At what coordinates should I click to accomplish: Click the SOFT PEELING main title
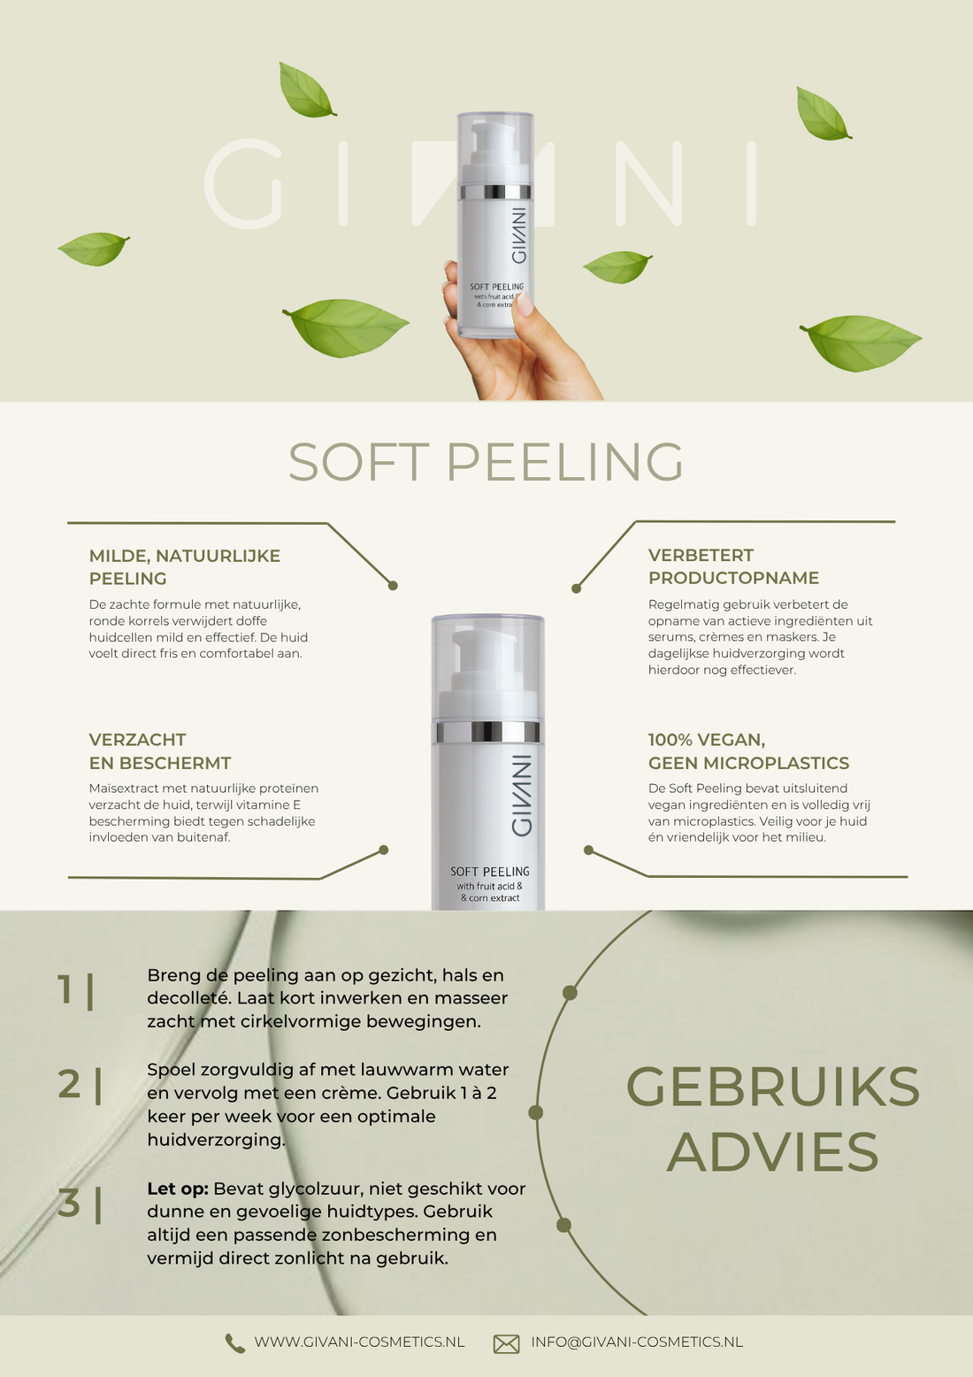[486, 462]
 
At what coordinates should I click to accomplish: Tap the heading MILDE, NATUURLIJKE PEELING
[184, 566]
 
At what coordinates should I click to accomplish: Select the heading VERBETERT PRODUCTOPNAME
[733, 566]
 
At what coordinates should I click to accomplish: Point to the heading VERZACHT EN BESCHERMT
[159, 751]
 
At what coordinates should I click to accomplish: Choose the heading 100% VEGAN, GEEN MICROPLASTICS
[748, 751]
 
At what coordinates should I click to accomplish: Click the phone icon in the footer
[234, 1343]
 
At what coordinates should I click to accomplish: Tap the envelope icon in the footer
[506, 1343]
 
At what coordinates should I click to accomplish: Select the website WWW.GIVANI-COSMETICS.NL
[359, 1342]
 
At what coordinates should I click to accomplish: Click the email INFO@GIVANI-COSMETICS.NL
[636, 1342]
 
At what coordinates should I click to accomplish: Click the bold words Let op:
[177, 1189]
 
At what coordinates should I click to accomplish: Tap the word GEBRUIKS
[773, 1087]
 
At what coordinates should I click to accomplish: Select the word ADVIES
[773, 1152]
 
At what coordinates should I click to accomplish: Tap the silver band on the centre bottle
[487, 732]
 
